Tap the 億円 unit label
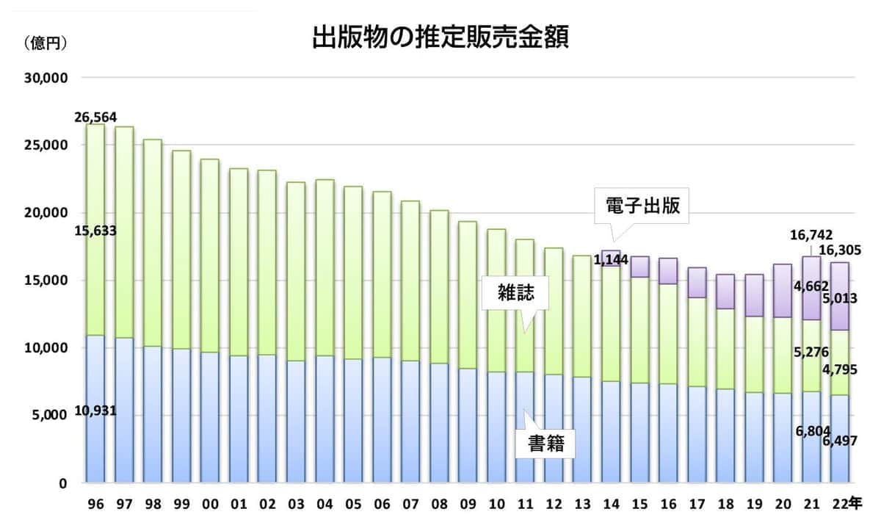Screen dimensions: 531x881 46,43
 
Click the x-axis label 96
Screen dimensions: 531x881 94,504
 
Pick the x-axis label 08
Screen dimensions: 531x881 438,504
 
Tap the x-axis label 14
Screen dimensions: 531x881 610,504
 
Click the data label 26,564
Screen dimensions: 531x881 95,118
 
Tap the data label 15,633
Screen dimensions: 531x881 95,231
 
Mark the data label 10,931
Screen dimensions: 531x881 95,412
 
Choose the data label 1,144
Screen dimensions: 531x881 611,259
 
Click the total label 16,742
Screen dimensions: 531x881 811,235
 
